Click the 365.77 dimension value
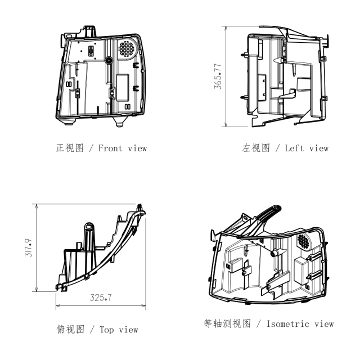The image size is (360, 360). pos(218,76)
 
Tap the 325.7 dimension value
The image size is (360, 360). pos(101,298)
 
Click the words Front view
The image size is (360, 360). pos(123,148)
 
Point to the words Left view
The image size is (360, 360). pos(307,148)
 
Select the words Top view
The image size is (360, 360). pos(119,330)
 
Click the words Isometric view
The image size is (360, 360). pos(300,324)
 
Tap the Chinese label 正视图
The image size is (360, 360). pos(70,148)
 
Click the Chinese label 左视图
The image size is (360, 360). pos(256,148)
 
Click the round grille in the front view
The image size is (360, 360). pos(126,48)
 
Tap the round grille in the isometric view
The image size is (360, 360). pos(304,241)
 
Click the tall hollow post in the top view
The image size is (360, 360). pos(89,236)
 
